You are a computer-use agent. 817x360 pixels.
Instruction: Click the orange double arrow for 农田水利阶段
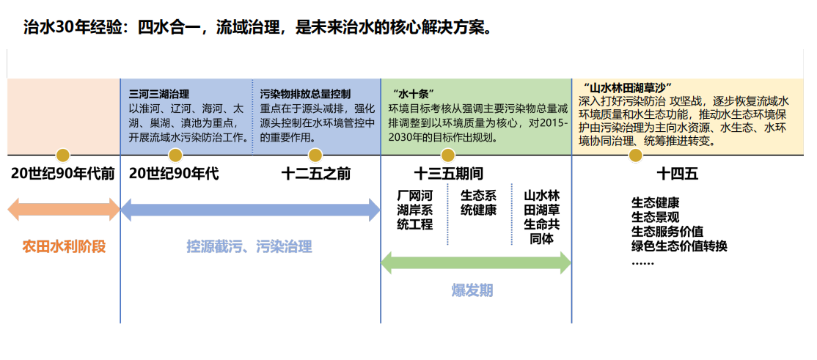click(x=64, y=210)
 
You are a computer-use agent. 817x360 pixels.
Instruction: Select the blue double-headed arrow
click(x=250, y=210)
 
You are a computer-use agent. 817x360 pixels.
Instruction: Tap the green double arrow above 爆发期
click(x=476, y=262)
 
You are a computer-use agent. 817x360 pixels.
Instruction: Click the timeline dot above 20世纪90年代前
click(x=63, y=155)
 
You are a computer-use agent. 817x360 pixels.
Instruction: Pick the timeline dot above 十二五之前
click(x=315, y=155)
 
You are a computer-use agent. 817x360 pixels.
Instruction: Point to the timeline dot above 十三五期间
click(x=447, y=155)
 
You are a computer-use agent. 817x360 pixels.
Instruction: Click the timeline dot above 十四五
click(x=636, y=155)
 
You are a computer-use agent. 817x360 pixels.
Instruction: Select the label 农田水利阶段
click(x=64, y=246)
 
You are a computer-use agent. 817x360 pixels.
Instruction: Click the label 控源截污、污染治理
click(x=249, y=247)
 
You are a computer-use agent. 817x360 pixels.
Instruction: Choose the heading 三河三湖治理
click(x=159, y=95)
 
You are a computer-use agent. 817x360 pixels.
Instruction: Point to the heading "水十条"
click(x=415, y=95)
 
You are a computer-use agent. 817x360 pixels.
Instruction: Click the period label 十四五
click(x=677, y=175)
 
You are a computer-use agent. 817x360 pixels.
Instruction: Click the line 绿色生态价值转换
click(x=679, y=246)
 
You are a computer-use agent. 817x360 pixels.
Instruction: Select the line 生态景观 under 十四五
click(x=655, y=217)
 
